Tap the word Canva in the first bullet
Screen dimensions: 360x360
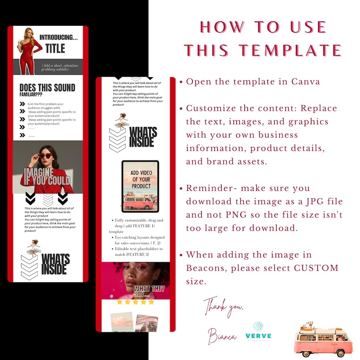(x=305, y=82)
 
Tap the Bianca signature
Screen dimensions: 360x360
(x=222, y=336)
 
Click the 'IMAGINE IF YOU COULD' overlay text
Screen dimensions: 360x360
(x=47, y=177)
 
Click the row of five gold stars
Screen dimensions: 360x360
(x=135, y=302)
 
